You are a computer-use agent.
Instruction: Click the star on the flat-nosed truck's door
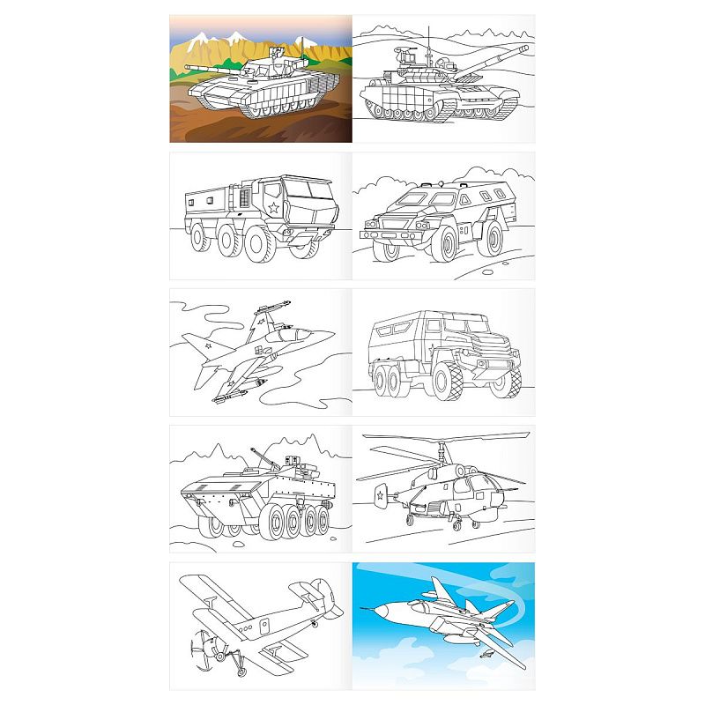pos(273,210)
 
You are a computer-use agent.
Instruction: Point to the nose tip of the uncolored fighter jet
pos(334,332)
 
